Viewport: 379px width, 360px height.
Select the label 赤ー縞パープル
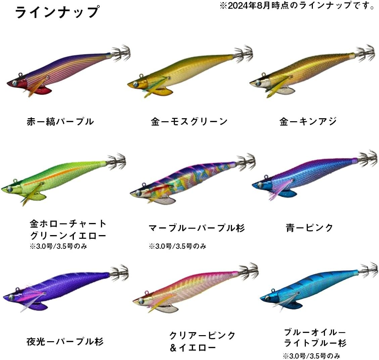point(60,122)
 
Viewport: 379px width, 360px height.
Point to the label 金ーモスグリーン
point(189,122)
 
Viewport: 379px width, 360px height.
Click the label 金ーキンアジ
point(308,122)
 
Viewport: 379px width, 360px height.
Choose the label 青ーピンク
point(309,228)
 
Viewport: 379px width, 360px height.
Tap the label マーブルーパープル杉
point(197,228)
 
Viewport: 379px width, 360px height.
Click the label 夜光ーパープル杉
point(65,342)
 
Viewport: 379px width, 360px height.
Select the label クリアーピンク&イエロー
point(202,341)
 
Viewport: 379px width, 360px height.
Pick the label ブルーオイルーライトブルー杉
point(315,337)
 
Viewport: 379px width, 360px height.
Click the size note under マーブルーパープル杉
point(178,246)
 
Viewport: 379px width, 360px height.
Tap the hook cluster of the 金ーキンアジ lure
point(366,54)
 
